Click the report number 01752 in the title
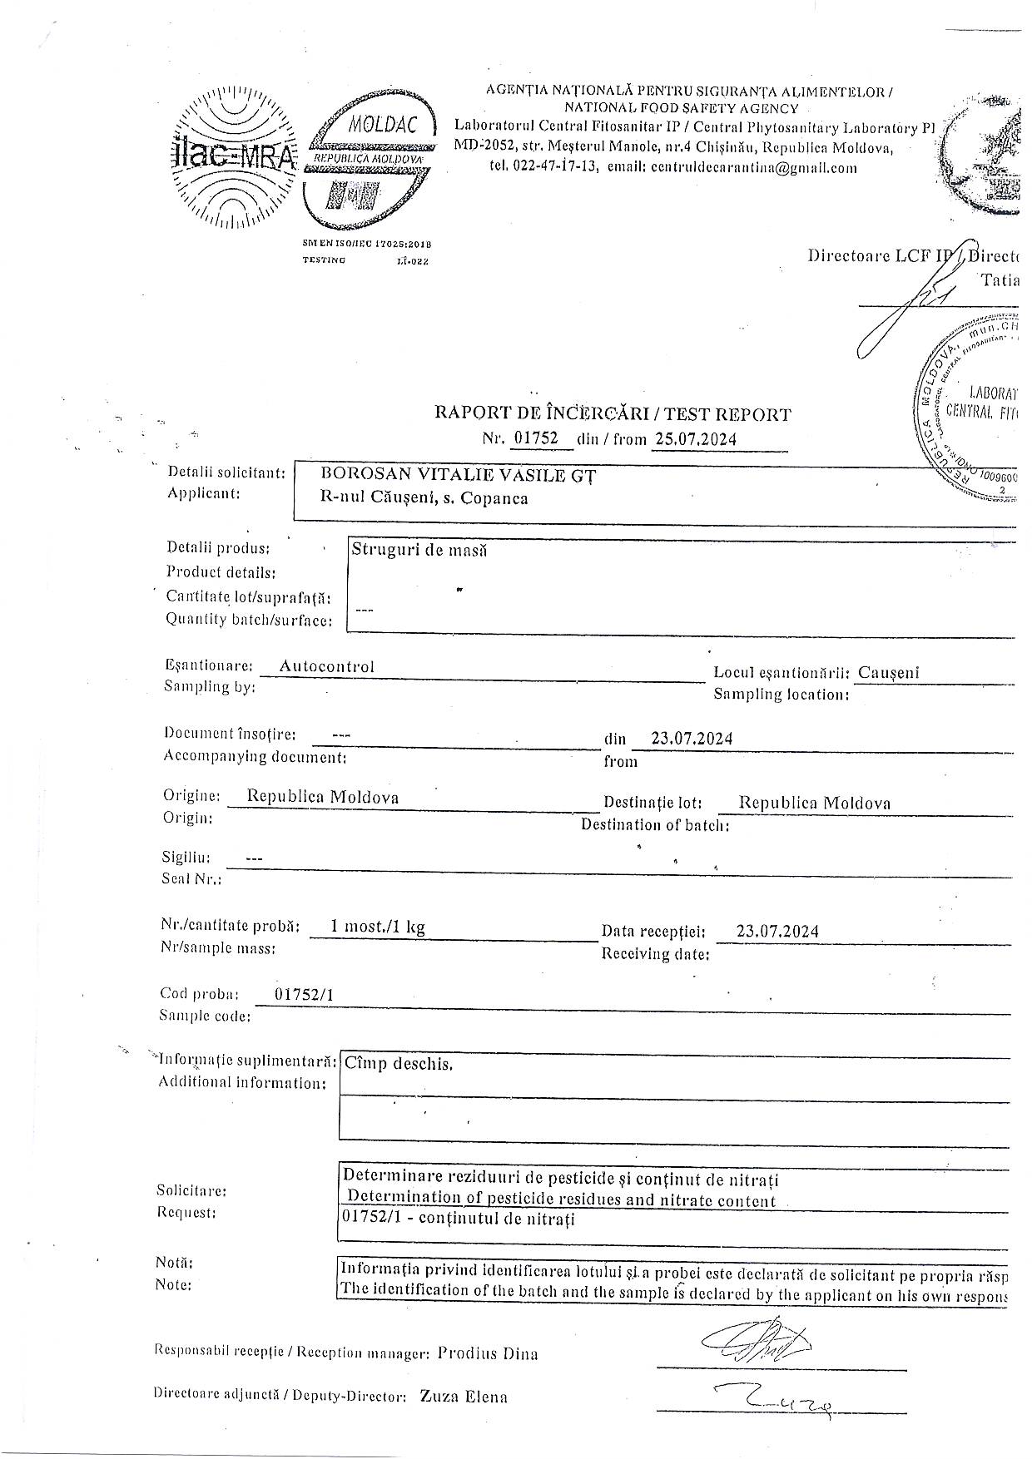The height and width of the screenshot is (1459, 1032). (x=536, y=438)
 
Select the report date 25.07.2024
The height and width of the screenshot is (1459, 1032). (x=695, y=439)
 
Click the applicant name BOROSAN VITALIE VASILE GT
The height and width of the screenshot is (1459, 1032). (x=459, y=475)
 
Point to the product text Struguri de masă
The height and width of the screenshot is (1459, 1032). (x=419, y=549)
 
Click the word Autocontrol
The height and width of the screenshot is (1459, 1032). (x=326, y=665)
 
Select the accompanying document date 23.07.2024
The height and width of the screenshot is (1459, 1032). (x=692, y=738)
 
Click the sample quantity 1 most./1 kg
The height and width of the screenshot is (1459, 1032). (x=378, y=927)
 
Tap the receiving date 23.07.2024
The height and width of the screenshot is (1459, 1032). (x=777, y=931)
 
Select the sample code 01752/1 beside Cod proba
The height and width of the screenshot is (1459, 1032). (x=304, y=994)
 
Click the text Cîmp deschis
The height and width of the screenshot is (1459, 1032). (x=399, y=1063)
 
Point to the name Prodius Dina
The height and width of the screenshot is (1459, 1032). (x=488, y=1353)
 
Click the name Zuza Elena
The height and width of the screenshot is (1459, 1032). (x=464, y=1396)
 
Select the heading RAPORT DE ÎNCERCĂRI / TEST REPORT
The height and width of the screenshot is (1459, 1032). (x=613, y=413)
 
